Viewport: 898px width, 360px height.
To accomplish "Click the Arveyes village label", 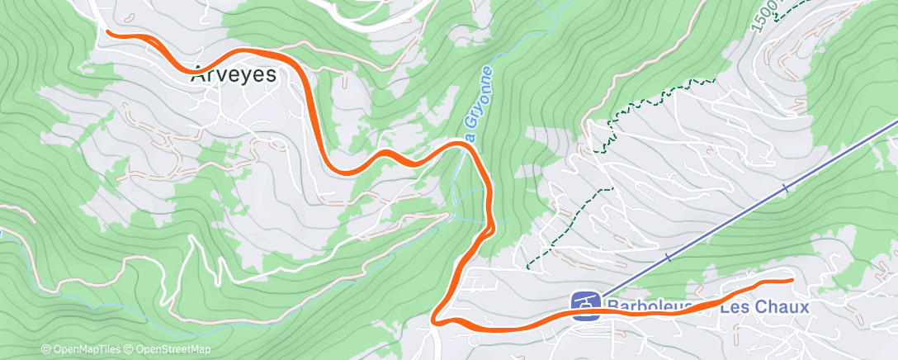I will pyautogui.click(x=234, y=74).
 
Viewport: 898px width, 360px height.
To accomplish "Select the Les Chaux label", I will pyautogui.click(x=763, y=307).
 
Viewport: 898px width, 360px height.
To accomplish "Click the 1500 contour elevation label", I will pyautogui.click(x=763, y=16).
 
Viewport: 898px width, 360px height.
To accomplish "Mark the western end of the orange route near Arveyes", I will pyautogui.click(x=109, y=32).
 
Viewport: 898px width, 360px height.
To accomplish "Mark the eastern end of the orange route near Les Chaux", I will pyautogui.click(x=791, y=281).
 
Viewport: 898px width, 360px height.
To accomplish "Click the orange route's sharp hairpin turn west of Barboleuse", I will pyautogui.click(x=436, y=318).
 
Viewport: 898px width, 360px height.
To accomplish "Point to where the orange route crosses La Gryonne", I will pyautogui.click(x=465, y=144).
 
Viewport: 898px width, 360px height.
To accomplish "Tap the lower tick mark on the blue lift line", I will pyautogui.click(x=668, y=258).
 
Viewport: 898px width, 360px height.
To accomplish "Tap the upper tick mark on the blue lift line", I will pyautogui.click(x=785, y=189).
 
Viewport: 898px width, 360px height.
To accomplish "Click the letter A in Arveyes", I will pyautogui.click(x=199, y=74).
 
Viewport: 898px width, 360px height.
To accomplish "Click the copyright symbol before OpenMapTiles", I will pyautogui.click(x=46, y=349).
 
